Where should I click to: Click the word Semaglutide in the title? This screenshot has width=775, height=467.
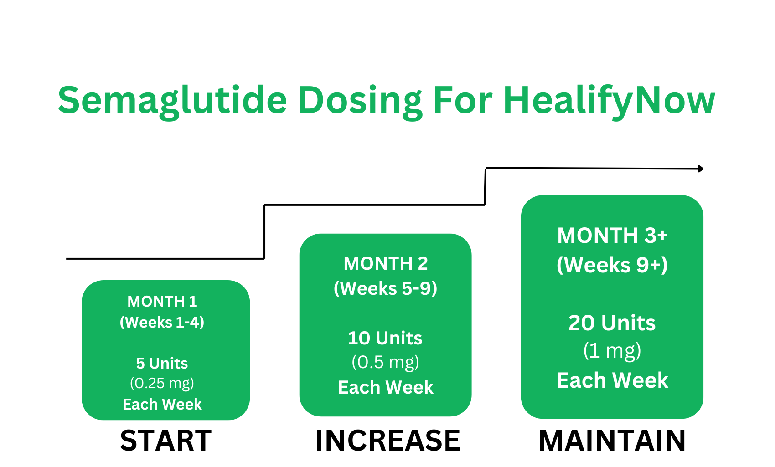(172, 100)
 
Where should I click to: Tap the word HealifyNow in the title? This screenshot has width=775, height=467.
(609, 100)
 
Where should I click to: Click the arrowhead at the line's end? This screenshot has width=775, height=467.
(701, 169)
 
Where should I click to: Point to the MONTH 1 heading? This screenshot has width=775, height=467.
(162, 301)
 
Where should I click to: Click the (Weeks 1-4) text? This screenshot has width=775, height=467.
(162, 323)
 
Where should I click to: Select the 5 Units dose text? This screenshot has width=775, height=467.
(162, 363)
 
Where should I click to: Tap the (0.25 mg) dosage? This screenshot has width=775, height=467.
(162, 383)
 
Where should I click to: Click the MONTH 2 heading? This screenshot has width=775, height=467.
(386, 263)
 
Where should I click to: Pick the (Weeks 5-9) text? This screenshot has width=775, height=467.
(386, 288)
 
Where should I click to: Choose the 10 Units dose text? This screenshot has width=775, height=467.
(385, 338)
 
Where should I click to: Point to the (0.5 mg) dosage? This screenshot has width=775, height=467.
(385, 362)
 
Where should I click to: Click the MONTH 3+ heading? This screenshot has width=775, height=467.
(612, 236)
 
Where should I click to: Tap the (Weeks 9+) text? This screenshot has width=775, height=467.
(612, 265)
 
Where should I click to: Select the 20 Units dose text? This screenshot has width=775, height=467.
(612, 323)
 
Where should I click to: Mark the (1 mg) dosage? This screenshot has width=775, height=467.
(612, 351)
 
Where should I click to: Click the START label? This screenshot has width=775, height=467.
(166, 441)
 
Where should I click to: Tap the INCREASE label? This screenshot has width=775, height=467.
(388, 441)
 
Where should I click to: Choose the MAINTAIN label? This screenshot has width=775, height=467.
(612, 441)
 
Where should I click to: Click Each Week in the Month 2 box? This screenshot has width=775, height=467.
(386, 387)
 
